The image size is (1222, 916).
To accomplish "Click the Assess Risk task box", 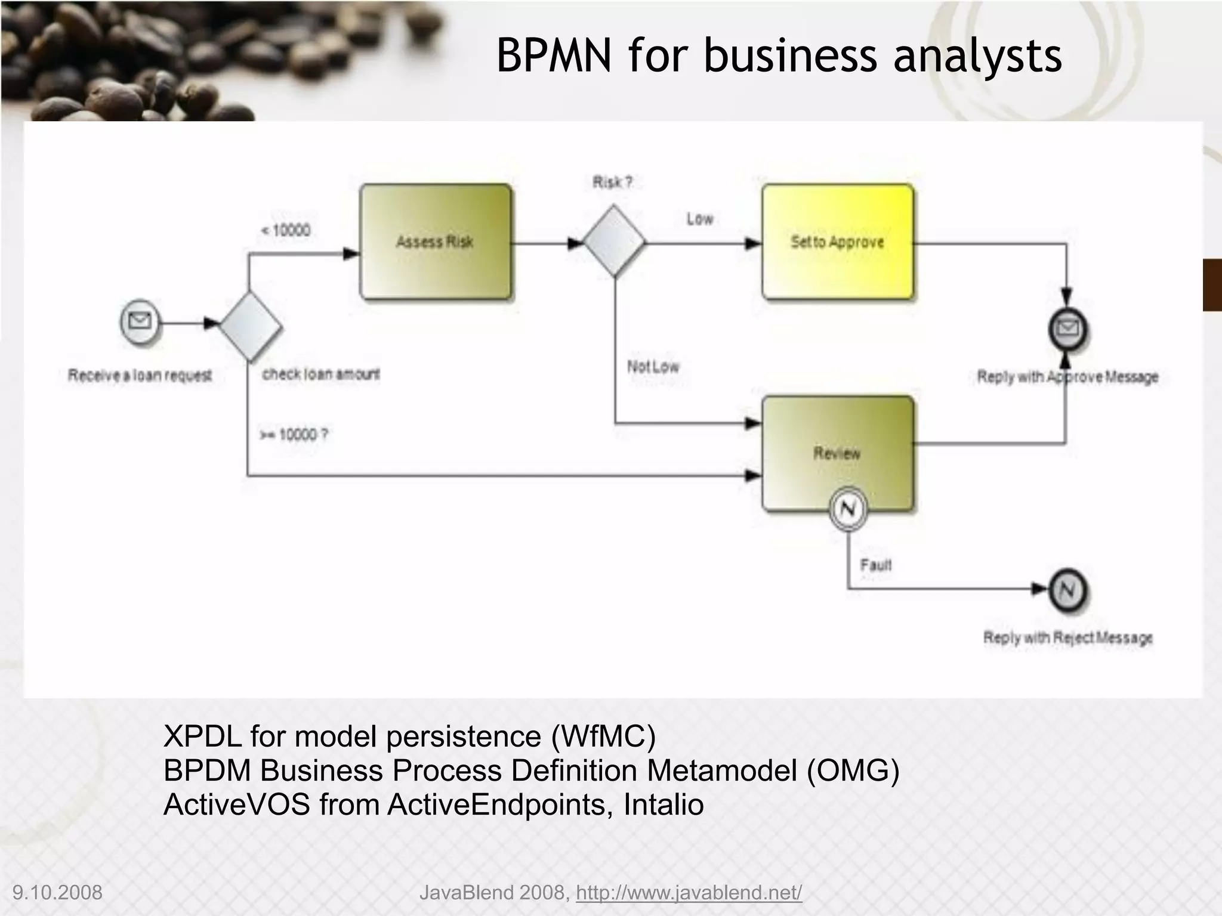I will tap(435, 242).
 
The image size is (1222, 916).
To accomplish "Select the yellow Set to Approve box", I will tap(837, 242).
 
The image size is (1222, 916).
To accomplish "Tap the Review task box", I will tap(837, 453).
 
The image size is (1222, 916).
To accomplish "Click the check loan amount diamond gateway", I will tap(250, 325).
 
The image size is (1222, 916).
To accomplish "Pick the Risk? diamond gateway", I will tap(613, 242).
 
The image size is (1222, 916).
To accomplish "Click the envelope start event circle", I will tap(140, 323).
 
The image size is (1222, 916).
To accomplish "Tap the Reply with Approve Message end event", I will tap(1067, 329).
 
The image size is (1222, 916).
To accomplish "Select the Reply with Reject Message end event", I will tap(1067, 590).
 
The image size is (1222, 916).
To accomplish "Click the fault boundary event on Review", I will tap(848, 509).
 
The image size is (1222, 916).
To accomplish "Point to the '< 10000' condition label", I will tap(286, 230).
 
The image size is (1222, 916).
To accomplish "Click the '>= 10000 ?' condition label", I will tap(294, 434).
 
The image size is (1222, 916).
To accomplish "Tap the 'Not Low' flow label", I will tap(653, 366).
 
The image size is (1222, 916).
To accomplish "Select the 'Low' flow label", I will tap(699, 219).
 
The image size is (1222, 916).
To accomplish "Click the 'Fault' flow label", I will tap(875, 564).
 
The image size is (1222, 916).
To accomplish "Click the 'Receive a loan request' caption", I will tap(140, 375).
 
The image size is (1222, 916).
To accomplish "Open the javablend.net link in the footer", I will tap(689, 893).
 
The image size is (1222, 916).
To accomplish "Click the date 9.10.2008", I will tap(57, 893).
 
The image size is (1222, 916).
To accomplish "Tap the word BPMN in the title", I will tap(554, 55).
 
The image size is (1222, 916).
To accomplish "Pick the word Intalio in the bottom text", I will tap(663, 804).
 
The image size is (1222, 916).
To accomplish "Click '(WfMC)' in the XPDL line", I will tap(603, 736).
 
